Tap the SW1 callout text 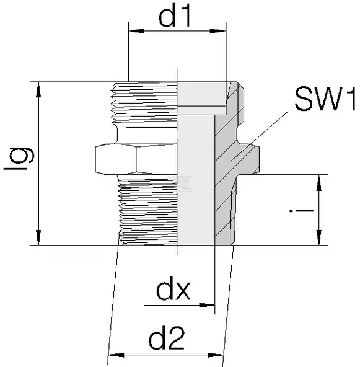pos(325,99)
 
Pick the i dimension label pos(301,210)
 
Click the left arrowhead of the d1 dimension pos(136,31)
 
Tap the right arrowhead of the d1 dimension pos(218,31)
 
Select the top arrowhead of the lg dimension pos(38,89)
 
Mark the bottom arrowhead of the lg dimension pos(38,238)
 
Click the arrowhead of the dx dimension pos(207,305)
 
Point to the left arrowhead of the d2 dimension pos(116,355)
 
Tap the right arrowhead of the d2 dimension pos(216,355)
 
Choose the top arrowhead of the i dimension pos(319,182)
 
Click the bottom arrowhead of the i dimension pos(319,238)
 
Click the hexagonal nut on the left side pos(136,159)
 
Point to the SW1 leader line pos(259,136)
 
